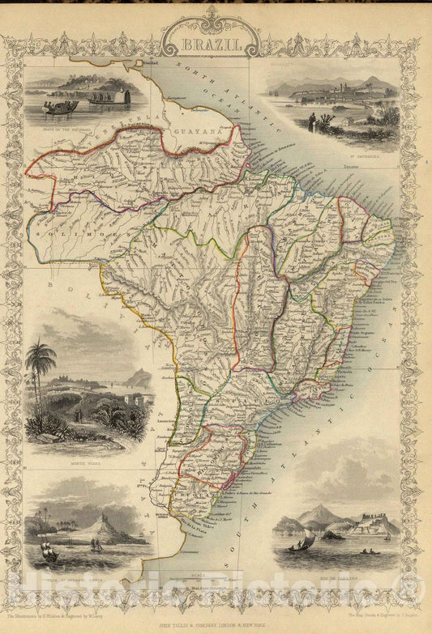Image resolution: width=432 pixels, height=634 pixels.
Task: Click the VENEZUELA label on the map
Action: (x=105, y=138)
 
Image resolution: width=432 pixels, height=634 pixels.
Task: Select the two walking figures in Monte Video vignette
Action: (x=78, y=415)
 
